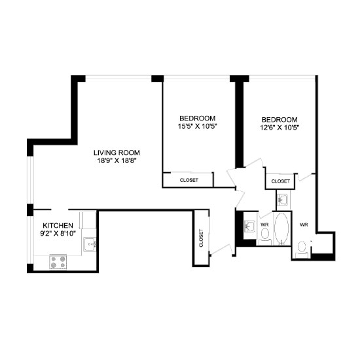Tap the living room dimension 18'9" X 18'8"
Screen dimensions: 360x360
pyautogui.click(x=118, y=160)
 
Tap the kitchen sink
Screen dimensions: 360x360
pyautogui.click(x=90, y=245)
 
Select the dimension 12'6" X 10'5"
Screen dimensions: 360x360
pyautogui.click(x=279, y=128)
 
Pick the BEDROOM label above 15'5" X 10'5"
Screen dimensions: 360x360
pyautogui.click(x=197, y=118)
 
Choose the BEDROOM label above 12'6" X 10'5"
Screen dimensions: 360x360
pyautogui.click(x=279, y=120)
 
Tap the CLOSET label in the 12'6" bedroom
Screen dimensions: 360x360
pyautogui.click(x=280, y=181)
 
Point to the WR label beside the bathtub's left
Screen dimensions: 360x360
pyautogui.click(x=264, y=225)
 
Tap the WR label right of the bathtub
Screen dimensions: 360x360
pyautogui.click(x=304, y=225)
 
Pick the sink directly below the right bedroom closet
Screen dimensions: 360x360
pyautogui.click(x=283, y=199)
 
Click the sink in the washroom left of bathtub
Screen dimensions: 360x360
pyautogui.click(x=249, y=227)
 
